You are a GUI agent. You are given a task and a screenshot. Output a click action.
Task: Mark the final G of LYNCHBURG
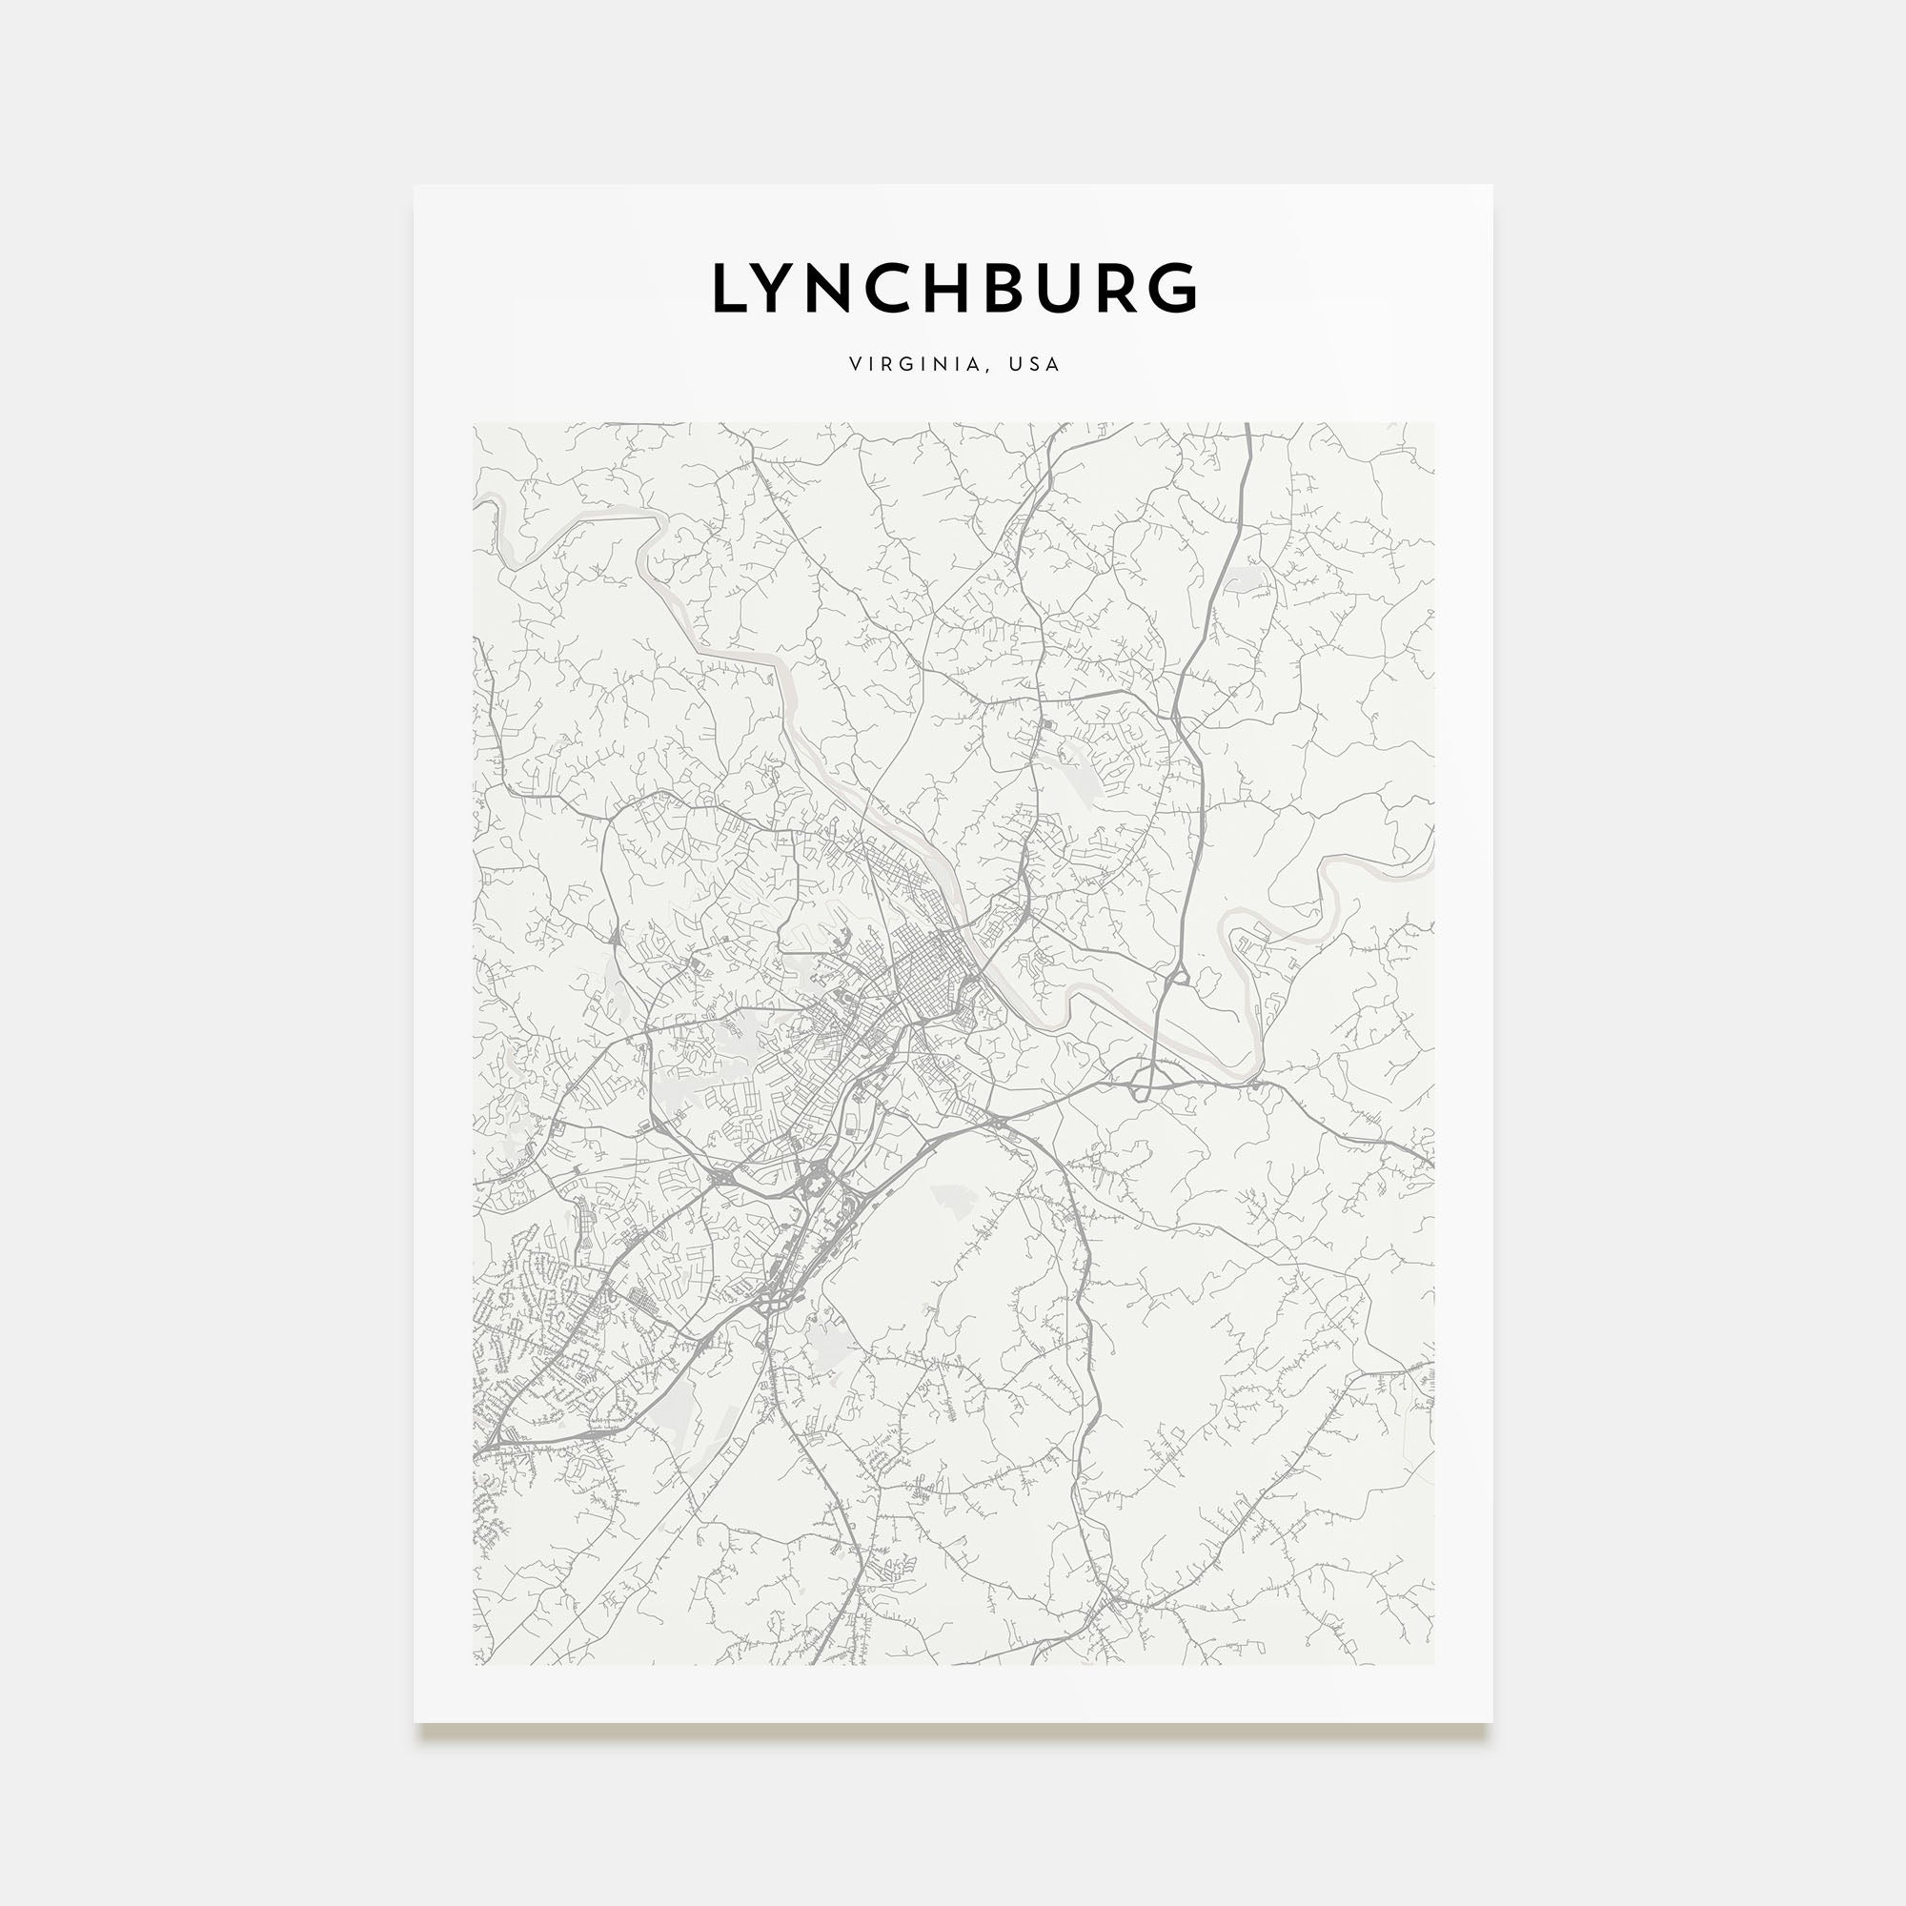(x=1174, y=288)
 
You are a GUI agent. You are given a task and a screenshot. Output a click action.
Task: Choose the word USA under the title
(x=1034, y=364)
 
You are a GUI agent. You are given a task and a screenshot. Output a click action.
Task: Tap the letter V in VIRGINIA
(x=854, y=364)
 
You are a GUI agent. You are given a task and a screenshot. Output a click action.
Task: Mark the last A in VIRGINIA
(x=974, y=364)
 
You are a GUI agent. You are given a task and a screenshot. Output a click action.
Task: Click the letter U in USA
(x=1014, y=364)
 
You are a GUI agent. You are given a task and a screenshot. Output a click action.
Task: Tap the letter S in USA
(x=1034, y=364)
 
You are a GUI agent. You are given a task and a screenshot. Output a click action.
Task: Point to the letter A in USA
(x=1053, y=364)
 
